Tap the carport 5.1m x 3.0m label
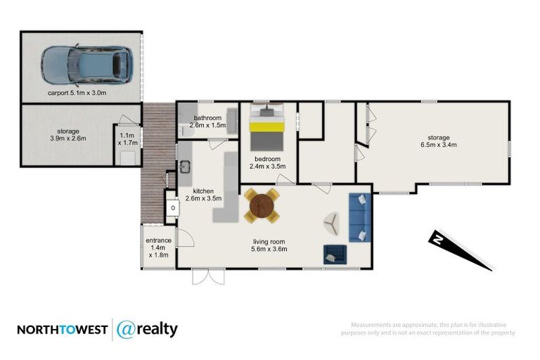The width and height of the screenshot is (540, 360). (x=81, y=93)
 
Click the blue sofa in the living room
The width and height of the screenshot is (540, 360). (x=359, y=217)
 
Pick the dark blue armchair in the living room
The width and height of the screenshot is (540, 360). (x=334, y=254)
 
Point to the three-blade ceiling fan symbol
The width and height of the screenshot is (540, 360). (x=331, y=224)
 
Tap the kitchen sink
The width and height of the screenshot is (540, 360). (x=185, y=167)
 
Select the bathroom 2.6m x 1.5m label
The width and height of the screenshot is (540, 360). (x=208, y=121)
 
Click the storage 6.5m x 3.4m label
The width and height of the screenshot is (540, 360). (x=438, y=141)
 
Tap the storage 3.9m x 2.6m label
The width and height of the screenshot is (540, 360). (x=68, y=135)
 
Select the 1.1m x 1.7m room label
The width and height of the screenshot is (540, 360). (x=128, y=139)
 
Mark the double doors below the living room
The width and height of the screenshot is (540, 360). (x=209, y=276)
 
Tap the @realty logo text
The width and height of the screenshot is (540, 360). (x=147, y=329)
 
